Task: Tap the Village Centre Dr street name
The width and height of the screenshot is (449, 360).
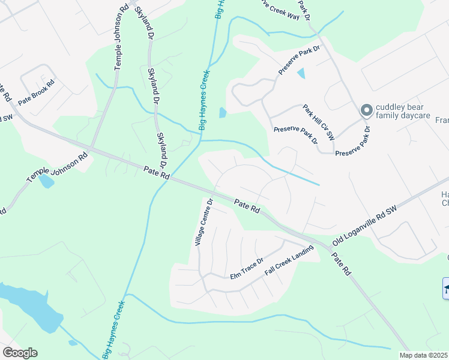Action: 203,223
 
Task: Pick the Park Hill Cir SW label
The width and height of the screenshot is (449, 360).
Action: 318,122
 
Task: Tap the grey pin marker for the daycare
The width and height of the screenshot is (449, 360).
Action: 366,110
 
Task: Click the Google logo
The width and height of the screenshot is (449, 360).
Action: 20,353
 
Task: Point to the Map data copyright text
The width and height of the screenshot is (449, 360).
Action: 423,355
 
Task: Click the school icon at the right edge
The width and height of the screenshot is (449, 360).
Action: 446,288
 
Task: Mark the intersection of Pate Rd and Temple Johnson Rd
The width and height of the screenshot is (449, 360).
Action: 89,148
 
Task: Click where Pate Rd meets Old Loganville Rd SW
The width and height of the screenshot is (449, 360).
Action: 330,246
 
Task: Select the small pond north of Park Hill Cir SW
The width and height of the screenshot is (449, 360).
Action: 301,74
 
